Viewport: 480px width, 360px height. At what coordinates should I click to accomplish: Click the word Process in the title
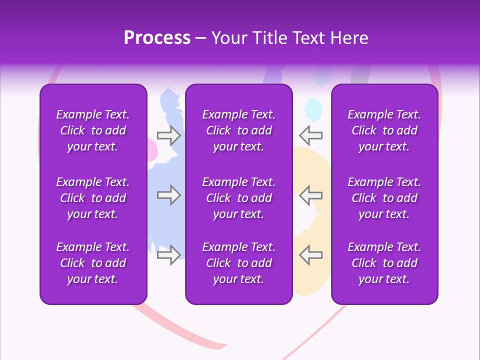click(x=157, y=38)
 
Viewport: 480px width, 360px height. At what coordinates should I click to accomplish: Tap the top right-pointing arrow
click(x=168, y=135)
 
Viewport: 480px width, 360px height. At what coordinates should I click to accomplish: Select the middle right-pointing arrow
click(x=168, y=195)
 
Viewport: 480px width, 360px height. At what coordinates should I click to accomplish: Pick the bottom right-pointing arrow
click(x=168, y=255)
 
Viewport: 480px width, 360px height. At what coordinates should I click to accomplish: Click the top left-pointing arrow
click(x=310, y=135)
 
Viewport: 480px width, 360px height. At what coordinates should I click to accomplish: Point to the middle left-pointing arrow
click(x=310, y=195)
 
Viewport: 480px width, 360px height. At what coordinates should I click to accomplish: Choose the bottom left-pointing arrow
click(x=310, y=255)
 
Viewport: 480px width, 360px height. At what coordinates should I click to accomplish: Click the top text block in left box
click(x=93, y=130)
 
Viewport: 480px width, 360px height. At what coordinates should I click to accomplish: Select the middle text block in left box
click(x=93, y=198)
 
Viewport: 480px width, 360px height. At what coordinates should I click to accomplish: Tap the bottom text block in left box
click(x=93, y=263)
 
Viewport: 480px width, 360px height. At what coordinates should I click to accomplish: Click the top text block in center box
click(x=238, y=130)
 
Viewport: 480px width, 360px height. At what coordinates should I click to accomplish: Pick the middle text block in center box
click(x=238, y=198)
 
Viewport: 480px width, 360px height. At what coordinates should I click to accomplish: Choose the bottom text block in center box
click(x=238, y=263)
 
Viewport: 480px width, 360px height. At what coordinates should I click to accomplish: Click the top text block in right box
click(x=384, y=130)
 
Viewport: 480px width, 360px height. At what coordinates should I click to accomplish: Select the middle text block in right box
click(x=384, y=198)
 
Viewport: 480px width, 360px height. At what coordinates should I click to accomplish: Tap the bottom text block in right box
click(x=384, y=263)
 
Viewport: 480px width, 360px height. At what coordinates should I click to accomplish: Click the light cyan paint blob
click(x=313, y=108)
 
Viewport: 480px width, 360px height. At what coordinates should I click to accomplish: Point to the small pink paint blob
click(x=151, y=148)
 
